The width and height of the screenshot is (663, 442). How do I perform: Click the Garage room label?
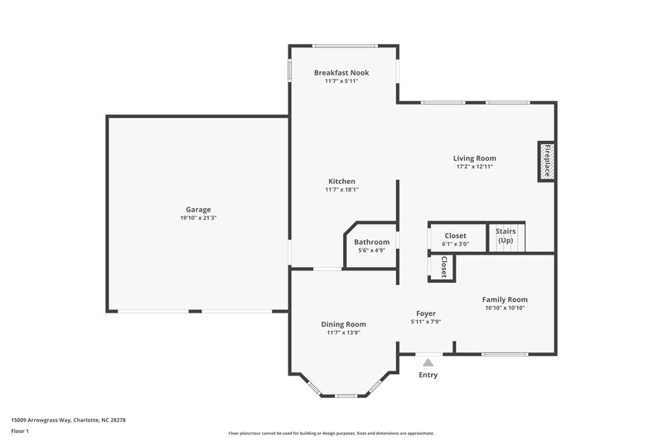click(x=197, y=209)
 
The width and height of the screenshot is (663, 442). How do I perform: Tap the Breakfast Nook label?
click(x=341, y=73)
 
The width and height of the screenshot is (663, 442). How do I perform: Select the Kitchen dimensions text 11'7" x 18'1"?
click(x=341, y=190)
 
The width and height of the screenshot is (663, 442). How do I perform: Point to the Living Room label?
click(x=474, y=158)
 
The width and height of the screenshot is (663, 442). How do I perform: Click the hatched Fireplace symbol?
click(x=546, y=160)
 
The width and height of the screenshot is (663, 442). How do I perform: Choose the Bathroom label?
click(x=372, y=242)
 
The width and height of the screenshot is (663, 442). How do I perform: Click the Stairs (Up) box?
click(x=506, y=236)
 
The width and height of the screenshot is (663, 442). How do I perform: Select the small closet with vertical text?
click(x=443, y=267)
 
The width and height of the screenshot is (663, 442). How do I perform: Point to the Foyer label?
click(x=425, y=313)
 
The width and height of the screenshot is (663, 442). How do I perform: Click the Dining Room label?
click(x=343, y=324)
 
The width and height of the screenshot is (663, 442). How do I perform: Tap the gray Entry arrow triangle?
click(x=428, y=362)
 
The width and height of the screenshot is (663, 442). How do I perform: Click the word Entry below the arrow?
click(x=428, y=375)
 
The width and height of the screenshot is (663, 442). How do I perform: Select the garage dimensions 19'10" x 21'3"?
click(x=197, y=218)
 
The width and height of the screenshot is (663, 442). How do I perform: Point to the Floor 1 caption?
click(x=20, y=432)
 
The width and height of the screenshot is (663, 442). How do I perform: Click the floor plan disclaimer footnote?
click(x=331, y=433)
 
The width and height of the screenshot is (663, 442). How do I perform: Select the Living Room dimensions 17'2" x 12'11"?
click(x=474, y=167)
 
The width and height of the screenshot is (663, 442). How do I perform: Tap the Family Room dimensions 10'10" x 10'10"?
click(x=505, y=308)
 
